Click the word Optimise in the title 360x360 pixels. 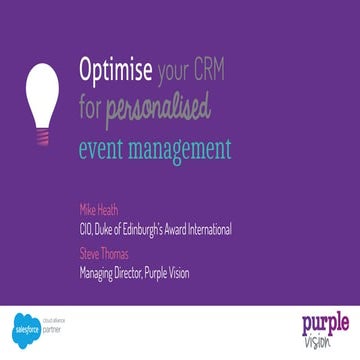pos(115,72)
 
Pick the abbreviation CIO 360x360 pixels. pos(85,229)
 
